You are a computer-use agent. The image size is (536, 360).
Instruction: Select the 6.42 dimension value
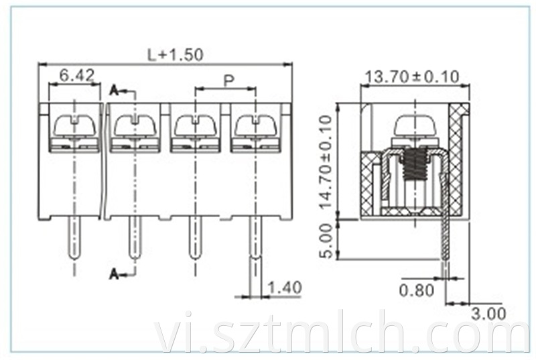[76, 75]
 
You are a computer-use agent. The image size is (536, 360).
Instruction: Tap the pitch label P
[228, 80]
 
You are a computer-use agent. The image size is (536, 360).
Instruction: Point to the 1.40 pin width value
[285, 288]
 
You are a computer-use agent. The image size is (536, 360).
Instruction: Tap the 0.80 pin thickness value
[417, 290]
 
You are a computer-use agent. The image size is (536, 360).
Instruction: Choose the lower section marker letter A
[114, 273]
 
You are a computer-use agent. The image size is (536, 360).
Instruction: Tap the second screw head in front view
[135, 125]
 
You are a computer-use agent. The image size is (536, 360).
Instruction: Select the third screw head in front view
[195, 125]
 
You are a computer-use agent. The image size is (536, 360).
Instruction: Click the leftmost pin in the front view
[74, 241]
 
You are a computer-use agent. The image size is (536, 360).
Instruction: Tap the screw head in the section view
[415, 125]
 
